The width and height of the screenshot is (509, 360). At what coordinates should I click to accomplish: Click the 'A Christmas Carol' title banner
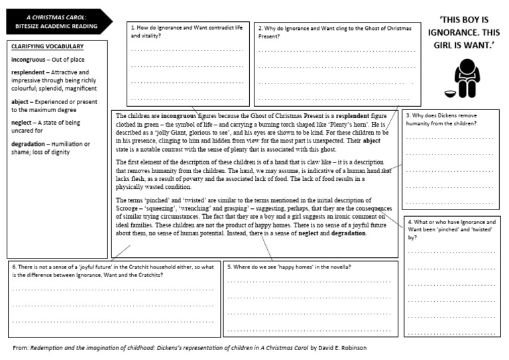[56, 22]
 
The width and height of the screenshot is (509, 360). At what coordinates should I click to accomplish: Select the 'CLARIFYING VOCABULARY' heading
[47, 46]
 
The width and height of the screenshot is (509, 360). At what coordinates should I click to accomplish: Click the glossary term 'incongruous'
[32, 60]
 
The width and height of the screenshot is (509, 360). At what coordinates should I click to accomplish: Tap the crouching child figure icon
[467, 78]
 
